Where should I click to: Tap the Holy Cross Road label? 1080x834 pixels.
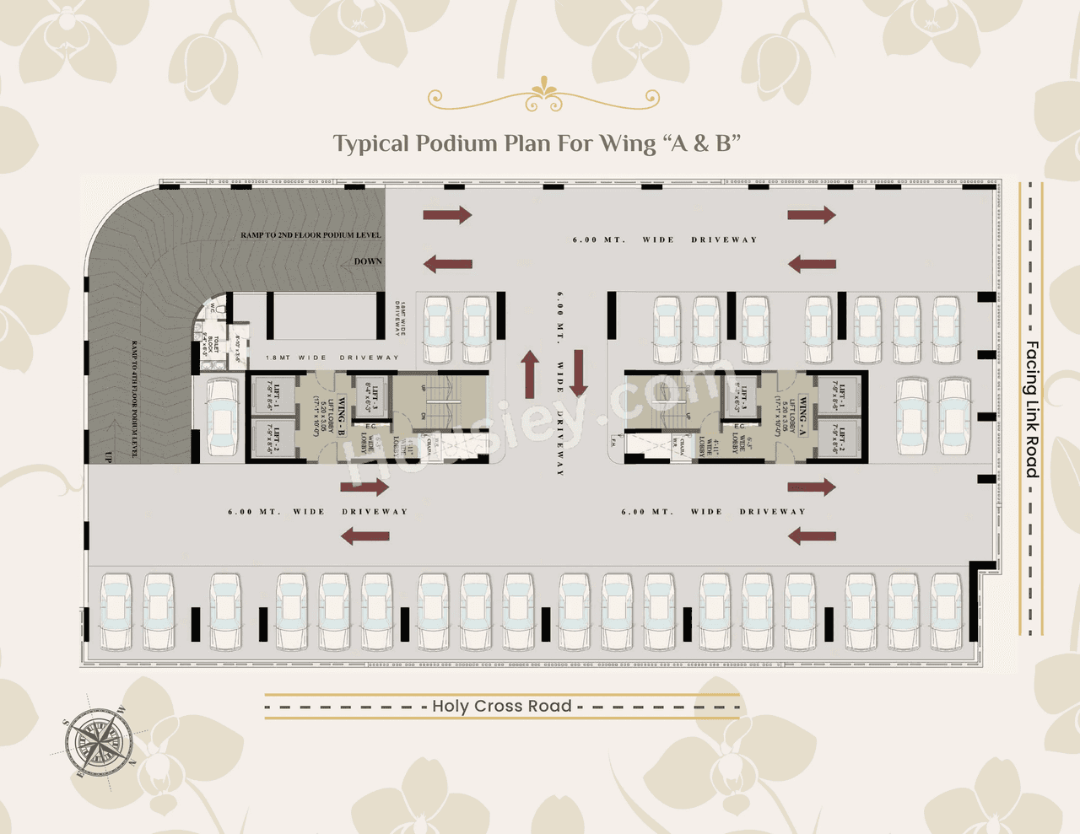[502, 706]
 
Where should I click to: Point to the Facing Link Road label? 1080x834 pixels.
[1031, 409]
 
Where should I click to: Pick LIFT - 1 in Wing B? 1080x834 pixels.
[275, 395]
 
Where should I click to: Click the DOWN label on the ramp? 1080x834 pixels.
[368, 261]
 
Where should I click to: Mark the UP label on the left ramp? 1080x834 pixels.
[108, 456]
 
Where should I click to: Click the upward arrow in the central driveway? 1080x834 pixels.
[530, 374]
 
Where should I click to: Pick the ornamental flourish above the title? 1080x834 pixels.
[543, 96]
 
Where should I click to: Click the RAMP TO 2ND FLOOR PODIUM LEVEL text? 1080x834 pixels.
[310, 235]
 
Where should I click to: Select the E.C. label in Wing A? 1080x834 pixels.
[739, 426]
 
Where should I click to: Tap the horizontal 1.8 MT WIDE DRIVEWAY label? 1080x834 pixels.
[332, 358]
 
